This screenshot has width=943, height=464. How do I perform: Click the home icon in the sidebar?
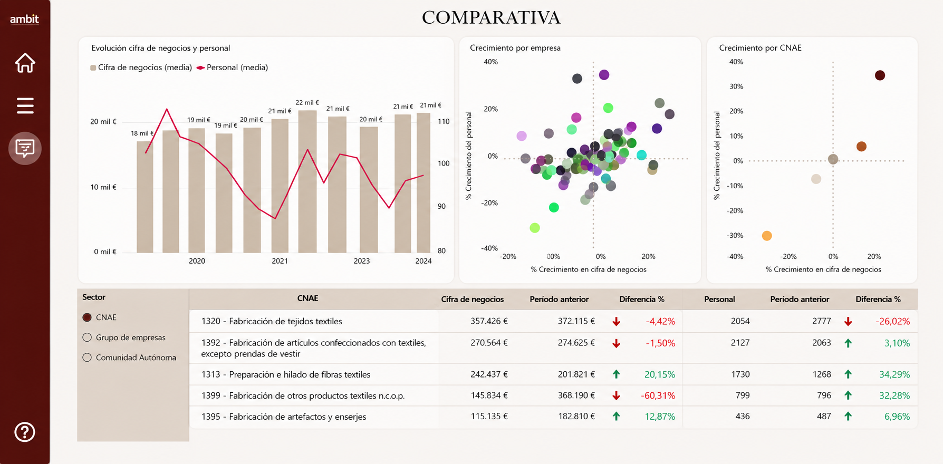[25, 63]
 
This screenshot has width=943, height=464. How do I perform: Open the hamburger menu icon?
[25, 105]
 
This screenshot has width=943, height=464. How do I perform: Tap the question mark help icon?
[25, 432]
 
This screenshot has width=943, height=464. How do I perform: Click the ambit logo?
[24, 20]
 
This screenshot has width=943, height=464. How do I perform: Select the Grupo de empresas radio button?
[87, 337]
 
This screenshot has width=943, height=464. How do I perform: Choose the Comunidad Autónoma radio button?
[87, 357]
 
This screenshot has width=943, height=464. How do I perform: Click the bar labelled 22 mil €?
[307, 181]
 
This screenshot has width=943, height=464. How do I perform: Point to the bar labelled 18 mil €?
[145, 197]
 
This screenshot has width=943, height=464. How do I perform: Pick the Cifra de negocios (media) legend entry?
[141, 67]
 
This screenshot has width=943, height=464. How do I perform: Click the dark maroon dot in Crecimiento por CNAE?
[880, 75]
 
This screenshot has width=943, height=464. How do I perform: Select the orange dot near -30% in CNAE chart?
[767, 236]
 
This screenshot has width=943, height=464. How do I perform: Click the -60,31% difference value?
[658, 395]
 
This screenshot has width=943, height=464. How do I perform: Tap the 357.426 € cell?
[489, 321]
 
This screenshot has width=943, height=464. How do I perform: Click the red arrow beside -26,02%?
[848, 322]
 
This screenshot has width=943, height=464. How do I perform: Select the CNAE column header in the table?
[307, 298]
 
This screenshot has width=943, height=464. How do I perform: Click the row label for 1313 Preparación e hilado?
[286, 374]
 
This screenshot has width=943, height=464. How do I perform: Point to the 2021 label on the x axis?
[280, 261]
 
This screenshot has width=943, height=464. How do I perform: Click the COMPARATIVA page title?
[491, 17]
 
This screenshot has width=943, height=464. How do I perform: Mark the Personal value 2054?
[740, 321]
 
